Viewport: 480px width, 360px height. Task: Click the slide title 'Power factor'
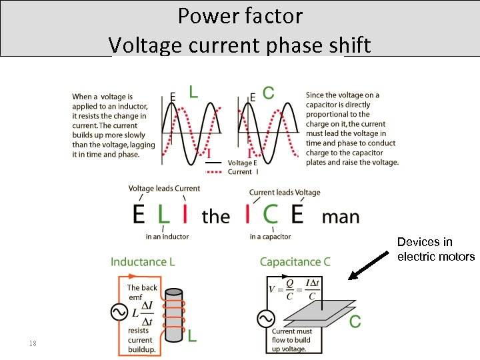pos(240,15)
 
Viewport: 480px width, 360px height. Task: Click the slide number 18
pos(32,343)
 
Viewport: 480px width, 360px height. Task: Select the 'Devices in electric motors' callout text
pos(435,249)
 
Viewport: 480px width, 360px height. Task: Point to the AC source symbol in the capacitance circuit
pos(265,319)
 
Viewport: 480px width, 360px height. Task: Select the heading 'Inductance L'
pos(143,262)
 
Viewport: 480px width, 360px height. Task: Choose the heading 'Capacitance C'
pos(295,262)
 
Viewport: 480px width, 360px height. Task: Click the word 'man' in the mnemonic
pos(340,217)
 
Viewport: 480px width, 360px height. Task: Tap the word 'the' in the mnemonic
pos(215,217)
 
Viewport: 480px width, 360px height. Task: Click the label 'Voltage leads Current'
pos(164,189)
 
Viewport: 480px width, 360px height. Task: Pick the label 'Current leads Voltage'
pos(285,193)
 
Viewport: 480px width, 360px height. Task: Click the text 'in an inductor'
pos(167,237)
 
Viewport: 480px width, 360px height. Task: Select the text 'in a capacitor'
pos(270,237)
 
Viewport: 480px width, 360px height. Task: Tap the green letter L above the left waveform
pos(193,92)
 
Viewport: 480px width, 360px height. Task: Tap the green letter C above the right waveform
pos(268,93)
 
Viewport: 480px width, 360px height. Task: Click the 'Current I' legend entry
pos(240,171)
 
